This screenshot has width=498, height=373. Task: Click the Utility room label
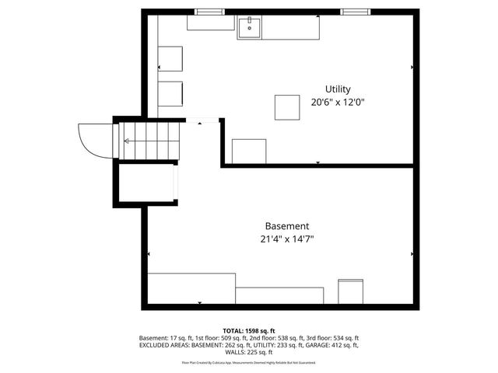tap(338, 89)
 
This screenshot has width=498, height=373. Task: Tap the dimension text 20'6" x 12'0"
tap(338, 102)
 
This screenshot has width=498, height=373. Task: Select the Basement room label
tap(286, 226)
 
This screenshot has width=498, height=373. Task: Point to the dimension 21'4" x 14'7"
tap(286, 239)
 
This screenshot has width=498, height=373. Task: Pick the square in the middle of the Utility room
tap(287, 107)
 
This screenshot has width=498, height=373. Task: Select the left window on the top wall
tap(206, 12)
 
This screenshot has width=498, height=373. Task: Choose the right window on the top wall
tap(354, 12)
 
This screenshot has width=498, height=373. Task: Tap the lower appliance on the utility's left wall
tap(170, 93)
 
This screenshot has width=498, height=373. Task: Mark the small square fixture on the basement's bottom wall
tap(350, 291)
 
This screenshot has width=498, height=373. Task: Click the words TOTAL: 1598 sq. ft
tap(249, 331)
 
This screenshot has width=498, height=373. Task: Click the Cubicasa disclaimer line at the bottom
tap(249, 362)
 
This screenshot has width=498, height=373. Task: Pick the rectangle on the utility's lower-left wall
tap(249, 151)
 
